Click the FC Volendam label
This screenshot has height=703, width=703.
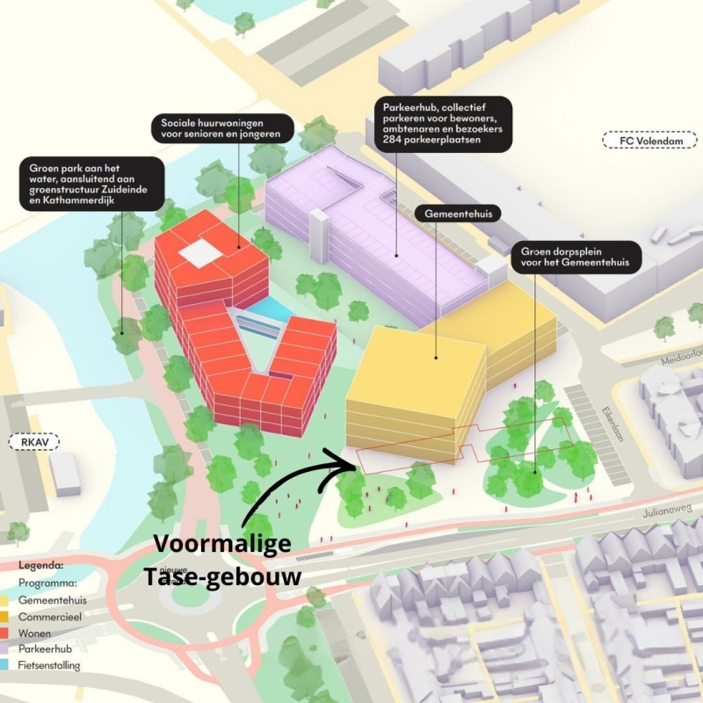tap(649, 140)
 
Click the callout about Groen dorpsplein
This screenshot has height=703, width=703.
tap(575, 257)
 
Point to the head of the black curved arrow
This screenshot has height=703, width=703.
tap(351, 460)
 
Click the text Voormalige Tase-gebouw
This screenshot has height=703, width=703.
tap(222, 560)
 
